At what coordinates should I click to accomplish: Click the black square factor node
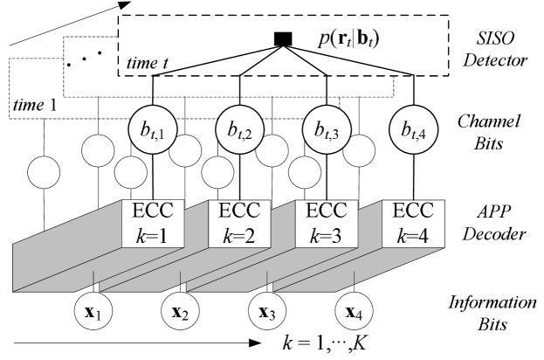[282, 38]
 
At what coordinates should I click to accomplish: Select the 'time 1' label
[34, 105]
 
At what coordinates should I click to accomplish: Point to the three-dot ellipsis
[86, 58]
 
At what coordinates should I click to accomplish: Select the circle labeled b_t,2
[240, 131]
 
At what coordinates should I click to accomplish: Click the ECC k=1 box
[153, 223]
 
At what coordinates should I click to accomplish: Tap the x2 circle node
[179, 312]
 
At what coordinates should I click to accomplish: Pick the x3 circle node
[266, 312]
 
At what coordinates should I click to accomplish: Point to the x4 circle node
[354, 312]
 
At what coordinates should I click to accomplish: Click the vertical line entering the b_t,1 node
[153, 92]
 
